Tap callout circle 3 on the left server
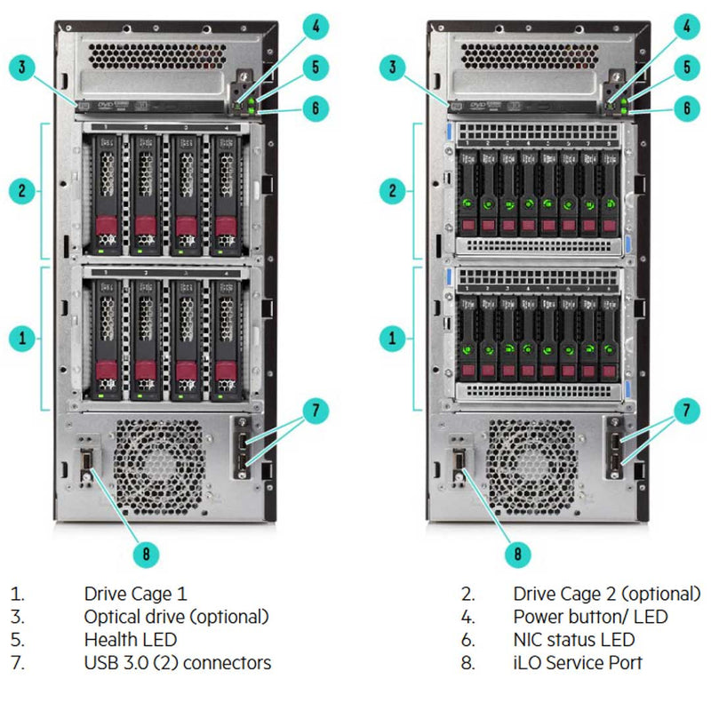click(x=24, y=66)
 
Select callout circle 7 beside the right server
click(x=685, y=411)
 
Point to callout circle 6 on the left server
click(x=316, y=108)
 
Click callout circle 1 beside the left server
click(x=24, y=338)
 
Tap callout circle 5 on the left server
click(x=316, y=67)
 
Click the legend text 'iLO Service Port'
click(x=578, y=662)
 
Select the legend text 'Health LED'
click(x=131, y=639)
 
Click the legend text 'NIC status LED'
click(x=574, y=639)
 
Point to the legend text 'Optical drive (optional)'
click(x=176, y=616)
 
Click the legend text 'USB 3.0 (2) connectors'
click(x=178, y=662)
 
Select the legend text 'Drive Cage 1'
click(x=136, y=593)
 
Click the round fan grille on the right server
click(x=531, y=467)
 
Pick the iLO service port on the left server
click(x=87, y=460)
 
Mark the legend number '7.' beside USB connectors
click(x=18, y=662)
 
